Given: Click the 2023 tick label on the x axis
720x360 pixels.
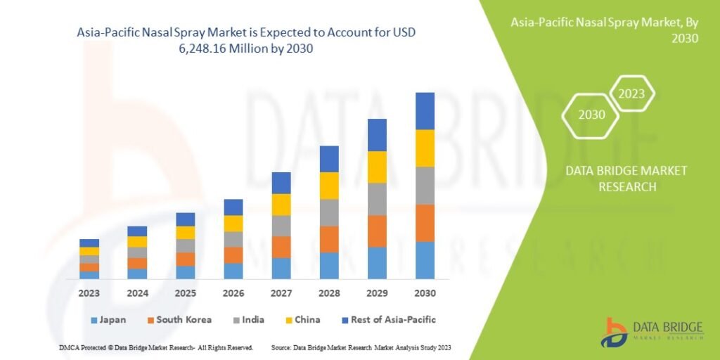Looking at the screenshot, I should pyautogui.click(x=89, y=292).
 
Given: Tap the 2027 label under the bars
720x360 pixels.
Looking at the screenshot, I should pyautogui.click(x=281, y=292).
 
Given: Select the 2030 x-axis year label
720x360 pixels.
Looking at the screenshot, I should pyautogui.click(x=425, y=292).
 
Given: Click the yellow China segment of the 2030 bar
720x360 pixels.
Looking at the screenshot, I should pyautogui.click(x=425, y=148).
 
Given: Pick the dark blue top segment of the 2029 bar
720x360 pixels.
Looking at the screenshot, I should pyautogui.click(x=377, y=135).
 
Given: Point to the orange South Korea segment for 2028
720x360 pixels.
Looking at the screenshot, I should pyautogui.click(x=329, y=239).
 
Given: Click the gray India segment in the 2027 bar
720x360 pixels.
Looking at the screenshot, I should pyautogui.click(x=281, y=226).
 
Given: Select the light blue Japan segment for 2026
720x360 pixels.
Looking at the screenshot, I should pyautogui.click(x=233, y=271).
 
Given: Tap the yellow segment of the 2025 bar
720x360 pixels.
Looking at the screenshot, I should pyautogui.click(x=186, y=233).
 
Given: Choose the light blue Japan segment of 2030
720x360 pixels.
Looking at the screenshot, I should pyautogui.click(x=425, y=260).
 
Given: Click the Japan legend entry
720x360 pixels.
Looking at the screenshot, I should pyautogui.click(x=108, y=320).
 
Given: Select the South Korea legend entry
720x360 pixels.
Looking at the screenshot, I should pyautogui.click(x=179, y=320).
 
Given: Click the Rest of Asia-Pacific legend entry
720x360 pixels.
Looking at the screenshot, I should pyautogui.click(x=387, y=320).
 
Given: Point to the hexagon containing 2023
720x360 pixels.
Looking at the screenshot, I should pyautogui.click(x=631, y=94).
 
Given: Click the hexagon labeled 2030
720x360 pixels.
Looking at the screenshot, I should pyautogui.click(x=591, y=115).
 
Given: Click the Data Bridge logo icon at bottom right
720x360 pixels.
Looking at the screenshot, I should pyautogui.click(x=613, y=333).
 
